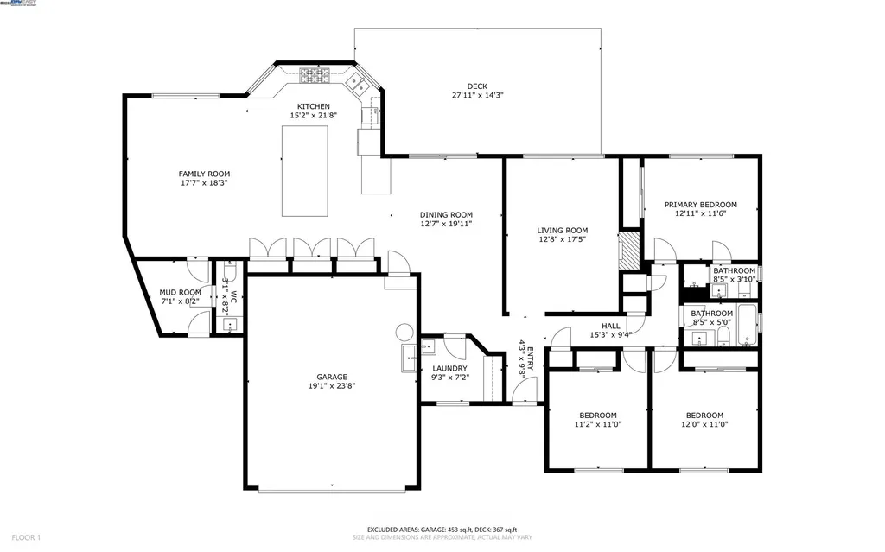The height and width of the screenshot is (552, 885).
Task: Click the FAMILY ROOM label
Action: (x=203, y=174)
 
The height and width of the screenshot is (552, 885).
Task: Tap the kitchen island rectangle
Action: (x=305, y=171)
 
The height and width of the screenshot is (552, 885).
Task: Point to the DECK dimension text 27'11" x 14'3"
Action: (x=477, y=95)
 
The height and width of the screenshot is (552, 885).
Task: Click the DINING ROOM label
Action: (x=446, y=215)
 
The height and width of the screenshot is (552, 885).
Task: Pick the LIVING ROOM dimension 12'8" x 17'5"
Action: (x=563, y=240)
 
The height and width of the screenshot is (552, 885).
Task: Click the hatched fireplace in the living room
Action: (x=630, y=250)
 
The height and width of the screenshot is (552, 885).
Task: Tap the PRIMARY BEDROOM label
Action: (x=700, y=205)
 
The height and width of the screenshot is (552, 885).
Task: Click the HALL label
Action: (x=610, y=326)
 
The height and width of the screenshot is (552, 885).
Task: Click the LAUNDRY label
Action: (x=449, y=368)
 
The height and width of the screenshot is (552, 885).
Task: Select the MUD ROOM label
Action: (x=180, y=293)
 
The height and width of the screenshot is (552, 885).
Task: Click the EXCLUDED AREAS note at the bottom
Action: (x=442, y=530)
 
